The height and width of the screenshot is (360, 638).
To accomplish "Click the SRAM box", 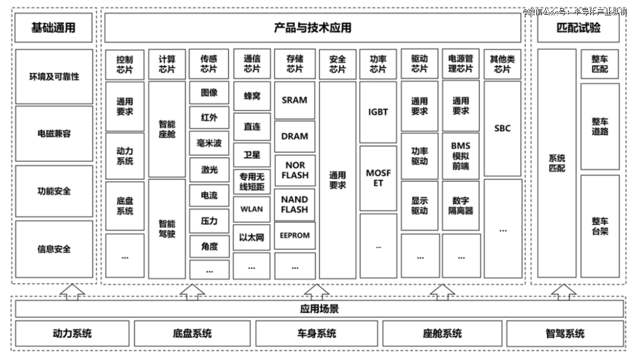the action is coord(295,100).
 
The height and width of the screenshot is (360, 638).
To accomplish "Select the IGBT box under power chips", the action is coord(378,112).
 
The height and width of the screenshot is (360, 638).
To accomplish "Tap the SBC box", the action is coord(503,128).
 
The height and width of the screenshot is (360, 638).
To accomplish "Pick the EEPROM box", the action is coord(295,235).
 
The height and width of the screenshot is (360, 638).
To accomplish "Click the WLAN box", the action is coord(252,209).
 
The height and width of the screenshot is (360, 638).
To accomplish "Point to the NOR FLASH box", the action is coord(295,170).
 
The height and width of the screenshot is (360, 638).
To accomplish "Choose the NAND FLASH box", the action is coord(295,205).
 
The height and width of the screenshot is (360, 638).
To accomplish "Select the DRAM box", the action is coord(295,137).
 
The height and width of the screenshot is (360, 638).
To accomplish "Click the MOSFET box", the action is coord(378,178).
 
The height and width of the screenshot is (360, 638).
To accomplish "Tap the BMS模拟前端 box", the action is coord(461,156).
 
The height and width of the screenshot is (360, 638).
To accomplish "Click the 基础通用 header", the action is coord(53,28).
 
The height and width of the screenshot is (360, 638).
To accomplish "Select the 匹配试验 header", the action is coord(578,28).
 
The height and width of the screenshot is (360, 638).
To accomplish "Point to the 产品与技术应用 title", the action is coord(313,28).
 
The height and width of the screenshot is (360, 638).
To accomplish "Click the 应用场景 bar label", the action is coord(320,309).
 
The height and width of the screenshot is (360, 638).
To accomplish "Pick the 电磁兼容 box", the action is coord(54,134).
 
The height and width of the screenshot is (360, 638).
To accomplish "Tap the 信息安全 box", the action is coord(54,249).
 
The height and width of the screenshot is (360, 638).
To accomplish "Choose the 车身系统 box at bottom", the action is coord(317,333).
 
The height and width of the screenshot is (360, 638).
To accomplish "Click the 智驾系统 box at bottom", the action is coord(565,333).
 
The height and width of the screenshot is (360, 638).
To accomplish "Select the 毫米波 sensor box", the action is coord(209,143).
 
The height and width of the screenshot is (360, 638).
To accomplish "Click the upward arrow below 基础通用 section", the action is coord(73,291).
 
